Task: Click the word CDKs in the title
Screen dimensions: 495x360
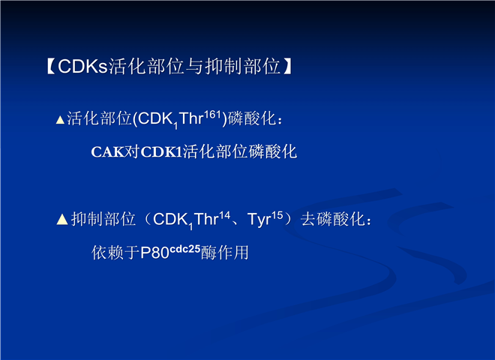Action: pyautogui.click(x=82, y=66)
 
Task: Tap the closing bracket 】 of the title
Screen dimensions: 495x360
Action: pyautogui.click(x=287, y=66)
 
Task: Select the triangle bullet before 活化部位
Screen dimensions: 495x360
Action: pyautogui.click(x=60, y=120)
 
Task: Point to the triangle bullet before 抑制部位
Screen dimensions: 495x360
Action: pyautogui.click(x=62, y=219)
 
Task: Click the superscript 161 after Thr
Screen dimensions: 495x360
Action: pyautogui.click(x=212, y=114)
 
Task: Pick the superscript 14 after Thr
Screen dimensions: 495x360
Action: pyautogui.click(x=225, y=215)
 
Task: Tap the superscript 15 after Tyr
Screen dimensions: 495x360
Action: pyautogui.click(x=277, y=215)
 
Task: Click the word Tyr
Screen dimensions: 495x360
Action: pyautogui.click(x=259, y=219)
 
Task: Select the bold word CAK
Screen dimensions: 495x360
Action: pyautogui.click(x=107, y=152)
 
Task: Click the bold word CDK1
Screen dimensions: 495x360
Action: pyautogui.click(x=162, y=152)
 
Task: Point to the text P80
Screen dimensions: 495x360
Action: pyautogui.click(x=154, y=253)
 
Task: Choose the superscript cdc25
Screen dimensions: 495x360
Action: pyautogui.click(x=185, y=249)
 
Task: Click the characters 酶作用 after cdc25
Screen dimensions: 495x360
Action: pyautogui.click(x=225, y=253)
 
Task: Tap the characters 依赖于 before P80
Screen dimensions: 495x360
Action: pyautogui.click(x=115, y=253)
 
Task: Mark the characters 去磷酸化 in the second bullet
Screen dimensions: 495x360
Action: pyautogui.click(x=333, y=219)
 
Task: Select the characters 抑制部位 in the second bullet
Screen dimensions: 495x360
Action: pyautogui.click(x=103, y=219)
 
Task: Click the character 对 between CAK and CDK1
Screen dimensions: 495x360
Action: pyautogui.click(x=132, y=152)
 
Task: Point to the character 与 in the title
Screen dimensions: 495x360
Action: pyautogui.click(x=194, y=66)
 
